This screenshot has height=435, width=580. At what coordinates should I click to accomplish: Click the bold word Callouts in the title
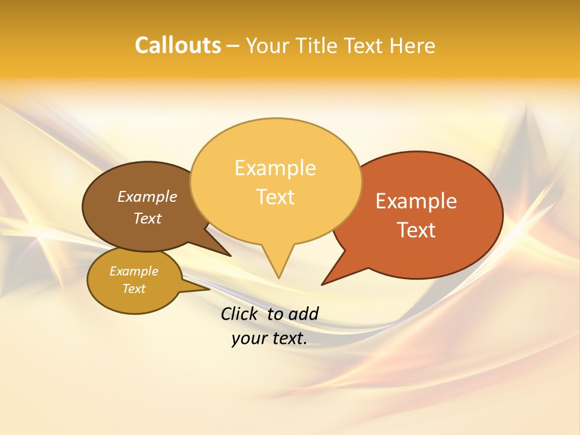coord(178,45)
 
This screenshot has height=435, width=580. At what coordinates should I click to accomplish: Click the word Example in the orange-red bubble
coord(416,201)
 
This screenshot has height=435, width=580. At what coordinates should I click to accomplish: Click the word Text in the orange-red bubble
coord(416,230)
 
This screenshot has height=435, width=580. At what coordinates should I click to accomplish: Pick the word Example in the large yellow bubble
coord(275,168)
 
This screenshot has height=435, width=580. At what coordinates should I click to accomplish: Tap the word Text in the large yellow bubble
coord(275,197)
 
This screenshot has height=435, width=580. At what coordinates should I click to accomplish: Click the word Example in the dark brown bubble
coord(147,197)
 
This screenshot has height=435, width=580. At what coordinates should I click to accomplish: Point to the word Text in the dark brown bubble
coord(147,219)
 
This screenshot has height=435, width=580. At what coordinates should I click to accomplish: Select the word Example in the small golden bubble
coord(134,271)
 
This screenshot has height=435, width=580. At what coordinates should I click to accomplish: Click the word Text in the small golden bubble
coord(134,289)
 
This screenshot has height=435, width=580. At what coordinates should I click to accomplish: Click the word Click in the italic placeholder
coord(240,314)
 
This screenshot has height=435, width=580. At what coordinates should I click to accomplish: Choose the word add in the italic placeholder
coord(303,314)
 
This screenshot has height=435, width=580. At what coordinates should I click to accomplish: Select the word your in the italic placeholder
coord(248,338)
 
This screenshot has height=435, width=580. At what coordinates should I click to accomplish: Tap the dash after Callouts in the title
coord(233,46)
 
